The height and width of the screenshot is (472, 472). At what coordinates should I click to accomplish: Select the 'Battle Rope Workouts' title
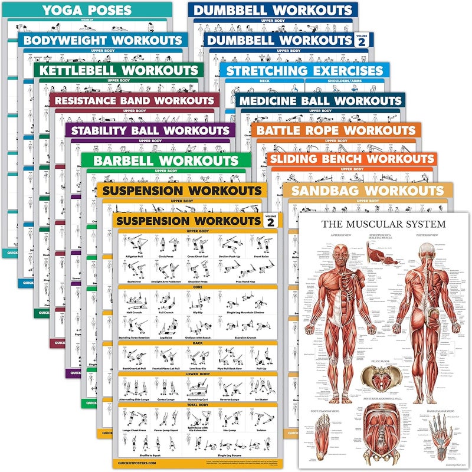[336, 130]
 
